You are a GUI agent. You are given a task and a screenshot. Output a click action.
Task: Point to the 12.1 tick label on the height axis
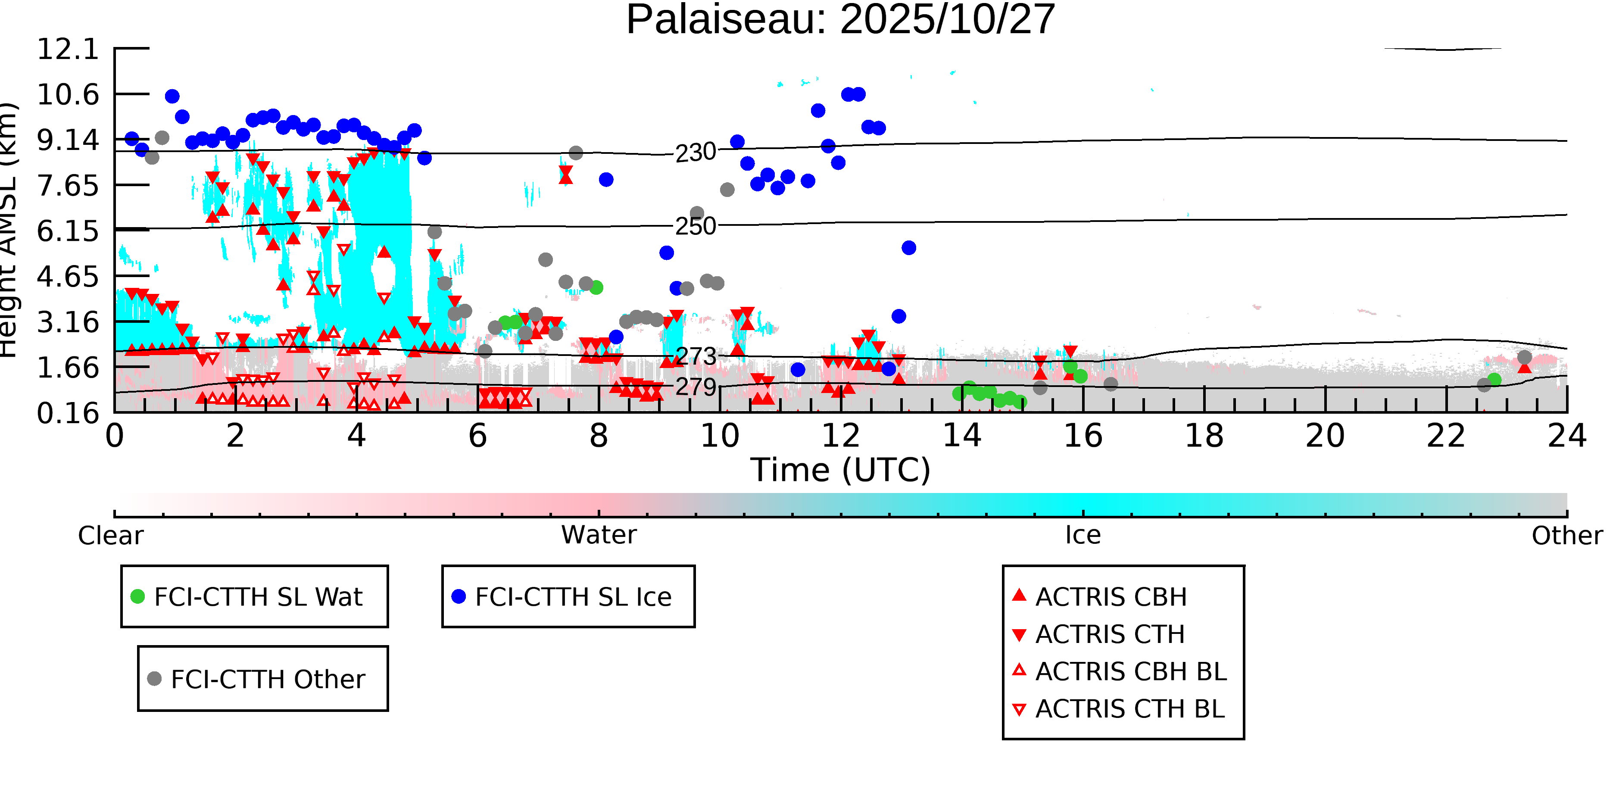click(68, 49)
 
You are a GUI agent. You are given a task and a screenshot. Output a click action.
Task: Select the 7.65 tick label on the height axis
click(68, 186)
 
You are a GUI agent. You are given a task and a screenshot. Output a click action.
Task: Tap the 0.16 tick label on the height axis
click(68, 413)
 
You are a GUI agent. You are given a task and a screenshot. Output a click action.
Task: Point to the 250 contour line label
click(695, 226)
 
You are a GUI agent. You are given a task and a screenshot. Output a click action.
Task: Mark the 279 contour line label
click(695, 387)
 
